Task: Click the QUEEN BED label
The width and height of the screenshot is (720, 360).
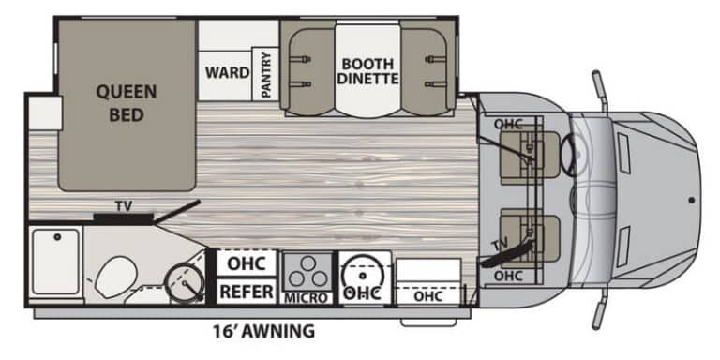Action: tap(127, 103)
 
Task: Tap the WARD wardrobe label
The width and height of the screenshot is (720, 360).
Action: tap(227, 72)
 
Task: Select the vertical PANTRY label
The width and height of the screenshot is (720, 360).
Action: tap(266, 74)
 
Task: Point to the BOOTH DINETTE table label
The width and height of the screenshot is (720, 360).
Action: tap(367, 71)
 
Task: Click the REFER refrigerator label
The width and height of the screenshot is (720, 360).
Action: tap(247, 292)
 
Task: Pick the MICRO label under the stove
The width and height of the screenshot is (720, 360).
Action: tap(307, 298)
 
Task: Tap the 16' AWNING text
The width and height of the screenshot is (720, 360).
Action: tap(264, 331)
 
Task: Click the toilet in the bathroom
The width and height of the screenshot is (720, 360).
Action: tap(115, 277)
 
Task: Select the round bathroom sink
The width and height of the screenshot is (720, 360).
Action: tap(185, 281)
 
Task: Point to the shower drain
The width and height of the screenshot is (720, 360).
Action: tap(57, 237)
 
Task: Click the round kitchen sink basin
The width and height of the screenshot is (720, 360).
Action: tap(363, 276)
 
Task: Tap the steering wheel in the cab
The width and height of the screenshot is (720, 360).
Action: tap(569, 154)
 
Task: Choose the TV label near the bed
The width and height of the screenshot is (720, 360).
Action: tap(124, 206)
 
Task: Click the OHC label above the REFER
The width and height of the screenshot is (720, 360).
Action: tap(247, 263)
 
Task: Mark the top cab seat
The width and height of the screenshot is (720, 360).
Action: tap(530, 156)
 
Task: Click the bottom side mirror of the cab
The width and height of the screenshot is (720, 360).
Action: tap(601, 307)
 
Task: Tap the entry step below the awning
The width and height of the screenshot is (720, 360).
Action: tap(428, 322)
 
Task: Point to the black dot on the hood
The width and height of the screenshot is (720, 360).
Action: tap(692, 200)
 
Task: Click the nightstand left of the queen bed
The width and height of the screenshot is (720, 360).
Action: tap(45, 112)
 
